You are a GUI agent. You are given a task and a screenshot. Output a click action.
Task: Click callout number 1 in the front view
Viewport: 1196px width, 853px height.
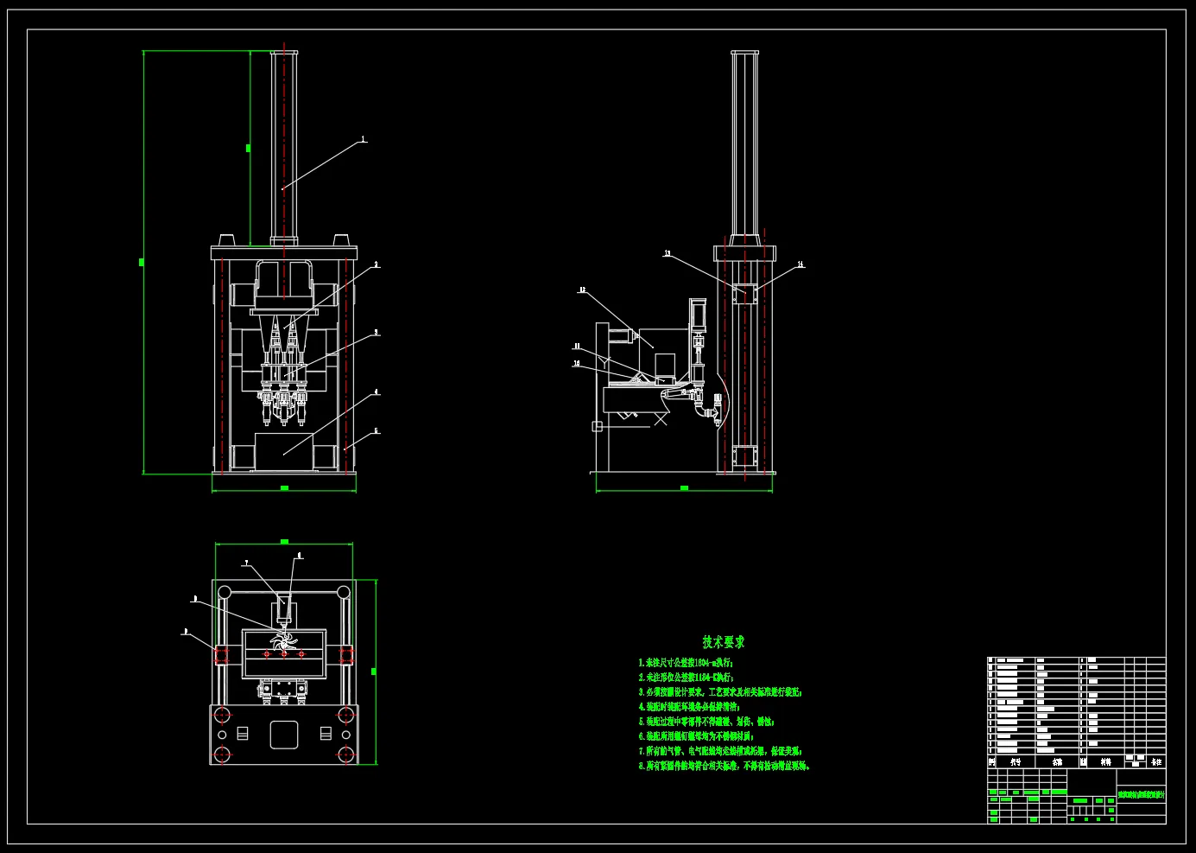pyautogui.click(x=364, y=139)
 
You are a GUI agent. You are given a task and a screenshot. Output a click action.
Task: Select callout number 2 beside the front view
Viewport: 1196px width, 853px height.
pyautogui.click(x=377, y=265)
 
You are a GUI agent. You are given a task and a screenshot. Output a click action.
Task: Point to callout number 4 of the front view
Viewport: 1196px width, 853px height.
pyautogui.click(x=377, y=392)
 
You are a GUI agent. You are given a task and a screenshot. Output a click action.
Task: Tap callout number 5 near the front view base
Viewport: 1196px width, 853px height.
pyautogui.click(x=377, y=431)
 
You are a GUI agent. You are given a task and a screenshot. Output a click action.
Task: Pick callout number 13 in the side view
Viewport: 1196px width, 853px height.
pyautogui.click(x=668, y=254)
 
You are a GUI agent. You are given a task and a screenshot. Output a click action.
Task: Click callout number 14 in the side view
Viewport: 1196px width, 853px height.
pyautogui.click(x=800, y=264)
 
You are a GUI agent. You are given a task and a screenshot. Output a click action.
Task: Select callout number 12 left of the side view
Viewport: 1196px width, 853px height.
pyautogui.click(x=582, y=290)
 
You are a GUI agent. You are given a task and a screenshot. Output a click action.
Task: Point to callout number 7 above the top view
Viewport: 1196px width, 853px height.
pyautogui.click(x=246, y=563)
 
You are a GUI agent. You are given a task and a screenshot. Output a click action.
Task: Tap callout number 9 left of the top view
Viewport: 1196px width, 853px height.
pyautogui.click(x=185, y=633)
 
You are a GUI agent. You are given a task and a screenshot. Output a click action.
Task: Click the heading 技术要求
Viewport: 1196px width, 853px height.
pyautogui.click(x=724, y=642)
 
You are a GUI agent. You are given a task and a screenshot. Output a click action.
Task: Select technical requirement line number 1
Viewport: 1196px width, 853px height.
pyautogui.click(x=687, y=663)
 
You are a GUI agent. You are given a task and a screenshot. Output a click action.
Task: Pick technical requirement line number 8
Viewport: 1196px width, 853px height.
pyautogui.click(x=725, y=766)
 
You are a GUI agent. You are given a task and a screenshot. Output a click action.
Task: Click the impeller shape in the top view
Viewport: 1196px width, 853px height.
pyautogui.click(x=283, y=641)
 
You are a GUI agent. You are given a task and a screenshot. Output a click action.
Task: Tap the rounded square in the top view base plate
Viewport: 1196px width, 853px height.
pyautogui.click(x=284, y=735)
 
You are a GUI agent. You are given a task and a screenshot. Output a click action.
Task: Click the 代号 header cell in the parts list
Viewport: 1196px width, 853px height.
pyautogui.click(x=1016, y=762)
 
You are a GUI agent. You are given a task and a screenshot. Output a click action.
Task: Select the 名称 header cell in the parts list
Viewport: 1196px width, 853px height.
pyautogui.click(x=1057, y=762)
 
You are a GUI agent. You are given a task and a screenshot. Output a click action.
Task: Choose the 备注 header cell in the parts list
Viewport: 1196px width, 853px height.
pyautogui.click(x=1156, y=762)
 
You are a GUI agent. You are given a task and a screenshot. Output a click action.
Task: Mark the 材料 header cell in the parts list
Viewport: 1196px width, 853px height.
pyautogui.click(x=1105, y=762)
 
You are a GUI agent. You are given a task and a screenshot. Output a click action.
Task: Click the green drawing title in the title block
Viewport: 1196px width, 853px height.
pyautogui.click(x=1141, y=794)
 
